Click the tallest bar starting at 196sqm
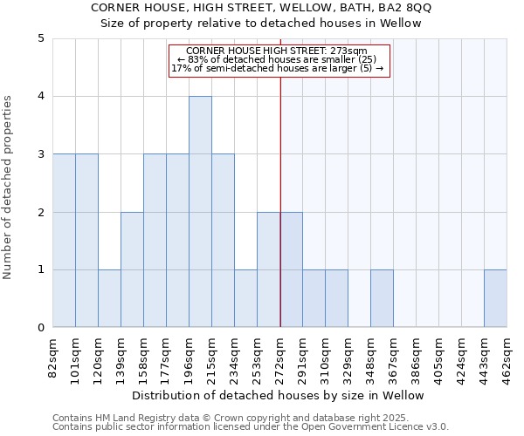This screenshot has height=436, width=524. click(200, 212)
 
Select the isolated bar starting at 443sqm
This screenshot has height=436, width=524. click(495, 298)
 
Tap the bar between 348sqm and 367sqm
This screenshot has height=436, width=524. click(382, 298)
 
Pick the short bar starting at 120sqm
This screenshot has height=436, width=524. click(109, 298)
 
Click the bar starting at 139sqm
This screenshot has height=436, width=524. click(132, 269)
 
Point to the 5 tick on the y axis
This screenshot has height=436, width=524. click(41, 38)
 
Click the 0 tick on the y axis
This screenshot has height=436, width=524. click(41, 328)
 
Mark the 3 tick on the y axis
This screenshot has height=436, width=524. click(41, 154)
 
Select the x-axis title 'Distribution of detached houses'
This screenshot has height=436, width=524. click(279, 395)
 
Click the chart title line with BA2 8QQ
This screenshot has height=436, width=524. click(261, 8)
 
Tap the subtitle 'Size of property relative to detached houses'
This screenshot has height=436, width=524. click(261, 24)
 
